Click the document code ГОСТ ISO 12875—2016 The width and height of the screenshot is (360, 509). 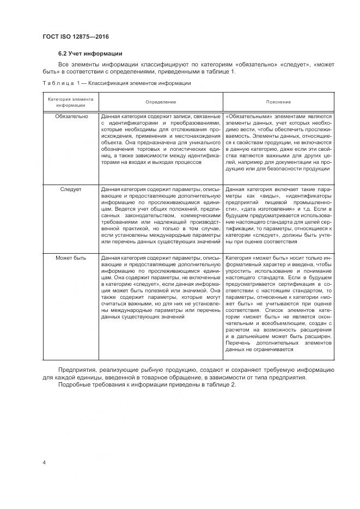point(75,36)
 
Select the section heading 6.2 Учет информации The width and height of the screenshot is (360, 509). point(90,53)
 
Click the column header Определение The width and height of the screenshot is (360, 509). point(161,102)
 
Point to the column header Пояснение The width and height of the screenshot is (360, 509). point(278,102)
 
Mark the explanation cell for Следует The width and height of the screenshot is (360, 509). point(278,215)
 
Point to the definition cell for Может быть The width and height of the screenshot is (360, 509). point(161,286)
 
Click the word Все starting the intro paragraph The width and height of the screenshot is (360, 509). point(64,65)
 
